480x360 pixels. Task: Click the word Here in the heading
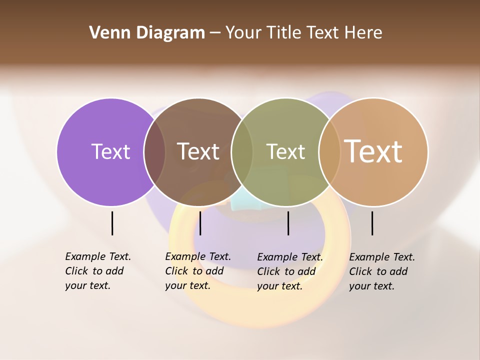point(363,33)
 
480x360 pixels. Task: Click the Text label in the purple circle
point(110,151)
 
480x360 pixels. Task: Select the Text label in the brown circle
point(198,151)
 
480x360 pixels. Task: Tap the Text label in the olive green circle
point(285,151)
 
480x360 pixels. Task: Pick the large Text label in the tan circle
point(373,151)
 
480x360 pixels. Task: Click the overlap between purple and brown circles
point(154,152)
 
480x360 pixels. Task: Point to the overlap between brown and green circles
point(242,152)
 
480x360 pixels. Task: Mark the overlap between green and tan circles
point(329,152)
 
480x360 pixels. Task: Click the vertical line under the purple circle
point(112,223)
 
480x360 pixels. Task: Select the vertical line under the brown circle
point(200,223)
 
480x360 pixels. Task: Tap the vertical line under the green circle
point(288,223)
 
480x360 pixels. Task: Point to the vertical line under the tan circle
point(372,223)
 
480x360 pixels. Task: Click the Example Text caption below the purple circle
point(97,271)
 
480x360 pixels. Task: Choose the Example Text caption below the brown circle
point(197,271)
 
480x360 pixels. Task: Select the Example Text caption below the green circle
point(289,271)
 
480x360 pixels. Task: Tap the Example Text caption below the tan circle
point(381,271)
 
